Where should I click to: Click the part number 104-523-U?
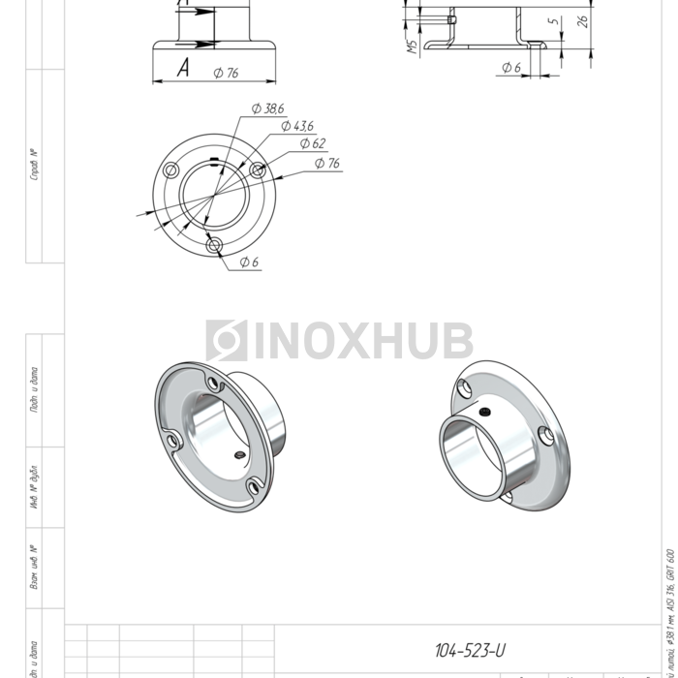[470, 650]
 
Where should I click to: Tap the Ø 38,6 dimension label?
[266, 109]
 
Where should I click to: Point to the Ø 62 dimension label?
[312, 144]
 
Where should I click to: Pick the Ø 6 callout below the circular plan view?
[248, 262]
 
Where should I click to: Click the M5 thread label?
[412, 46]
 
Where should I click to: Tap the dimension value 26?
[582, 20]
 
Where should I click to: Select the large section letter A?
[182, 67]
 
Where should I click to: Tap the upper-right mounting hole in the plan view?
[258, 170]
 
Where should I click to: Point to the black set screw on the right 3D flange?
[481, 411]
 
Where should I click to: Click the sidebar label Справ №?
[34, 165]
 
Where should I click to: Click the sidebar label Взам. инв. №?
[34, 568]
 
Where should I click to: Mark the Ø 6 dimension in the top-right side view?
[511, 68]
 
